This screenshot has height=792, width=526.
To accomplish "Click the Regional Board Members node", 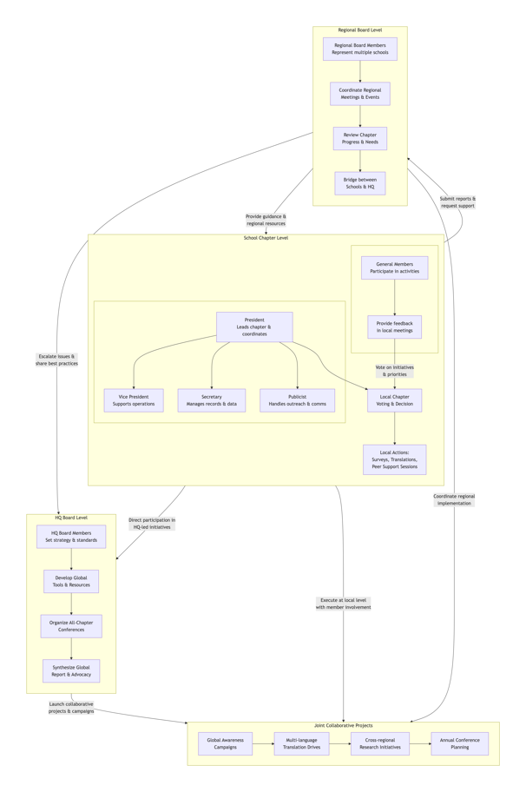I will [x=359, y=49].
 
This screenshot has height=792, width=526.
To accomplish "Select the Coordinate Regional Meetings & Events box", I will [x=359, y=94].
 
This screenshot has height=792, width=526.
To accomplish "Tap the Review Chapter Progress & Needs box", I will [x=359, y=139].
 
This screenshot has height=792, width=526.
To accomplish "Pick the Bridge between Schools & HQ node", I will [x=359, y=183].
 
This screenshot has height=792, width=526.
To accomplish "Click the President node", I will [x=254, y=327].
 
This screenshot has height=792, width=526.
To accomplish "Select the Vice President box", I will [x=134, y=400].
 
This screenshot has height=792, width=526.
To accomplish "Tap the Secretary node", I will [x=211, y=400].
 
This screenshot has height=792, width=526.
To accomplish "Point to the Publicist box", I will [x=297, y=400].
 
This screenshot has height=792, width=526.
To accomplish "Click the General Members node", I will [x=394, y=267].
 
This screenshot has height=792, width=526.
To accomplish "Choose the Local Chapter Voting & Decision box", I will [x=394, y=400].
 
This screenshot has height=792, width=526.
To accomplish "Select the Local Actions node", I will [x=394, y=459].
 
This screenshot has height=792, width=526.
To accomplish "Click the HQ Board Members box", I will [x=71, y=537].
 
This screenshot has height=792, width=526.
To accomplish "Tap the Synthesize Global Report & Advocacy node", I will [x=71, y=670].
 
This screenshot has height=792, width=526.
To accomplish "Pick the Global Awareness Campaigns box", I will [x=225, y=743].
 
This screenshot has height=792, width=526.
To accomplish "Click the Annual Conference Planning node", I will [x=459, y=743].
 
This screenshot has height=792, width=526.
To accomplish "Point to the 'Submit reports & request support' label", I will [x=457, y=202].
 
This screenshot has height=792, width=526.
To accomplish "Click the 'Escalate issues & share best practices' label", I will [x=56, y=360].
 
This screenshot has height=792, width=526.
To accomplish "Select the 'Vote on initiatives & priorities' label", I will [x=394, y=371].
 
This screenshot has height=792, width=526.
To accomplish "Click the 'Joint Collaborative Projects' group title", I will [x=343, y=725].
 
